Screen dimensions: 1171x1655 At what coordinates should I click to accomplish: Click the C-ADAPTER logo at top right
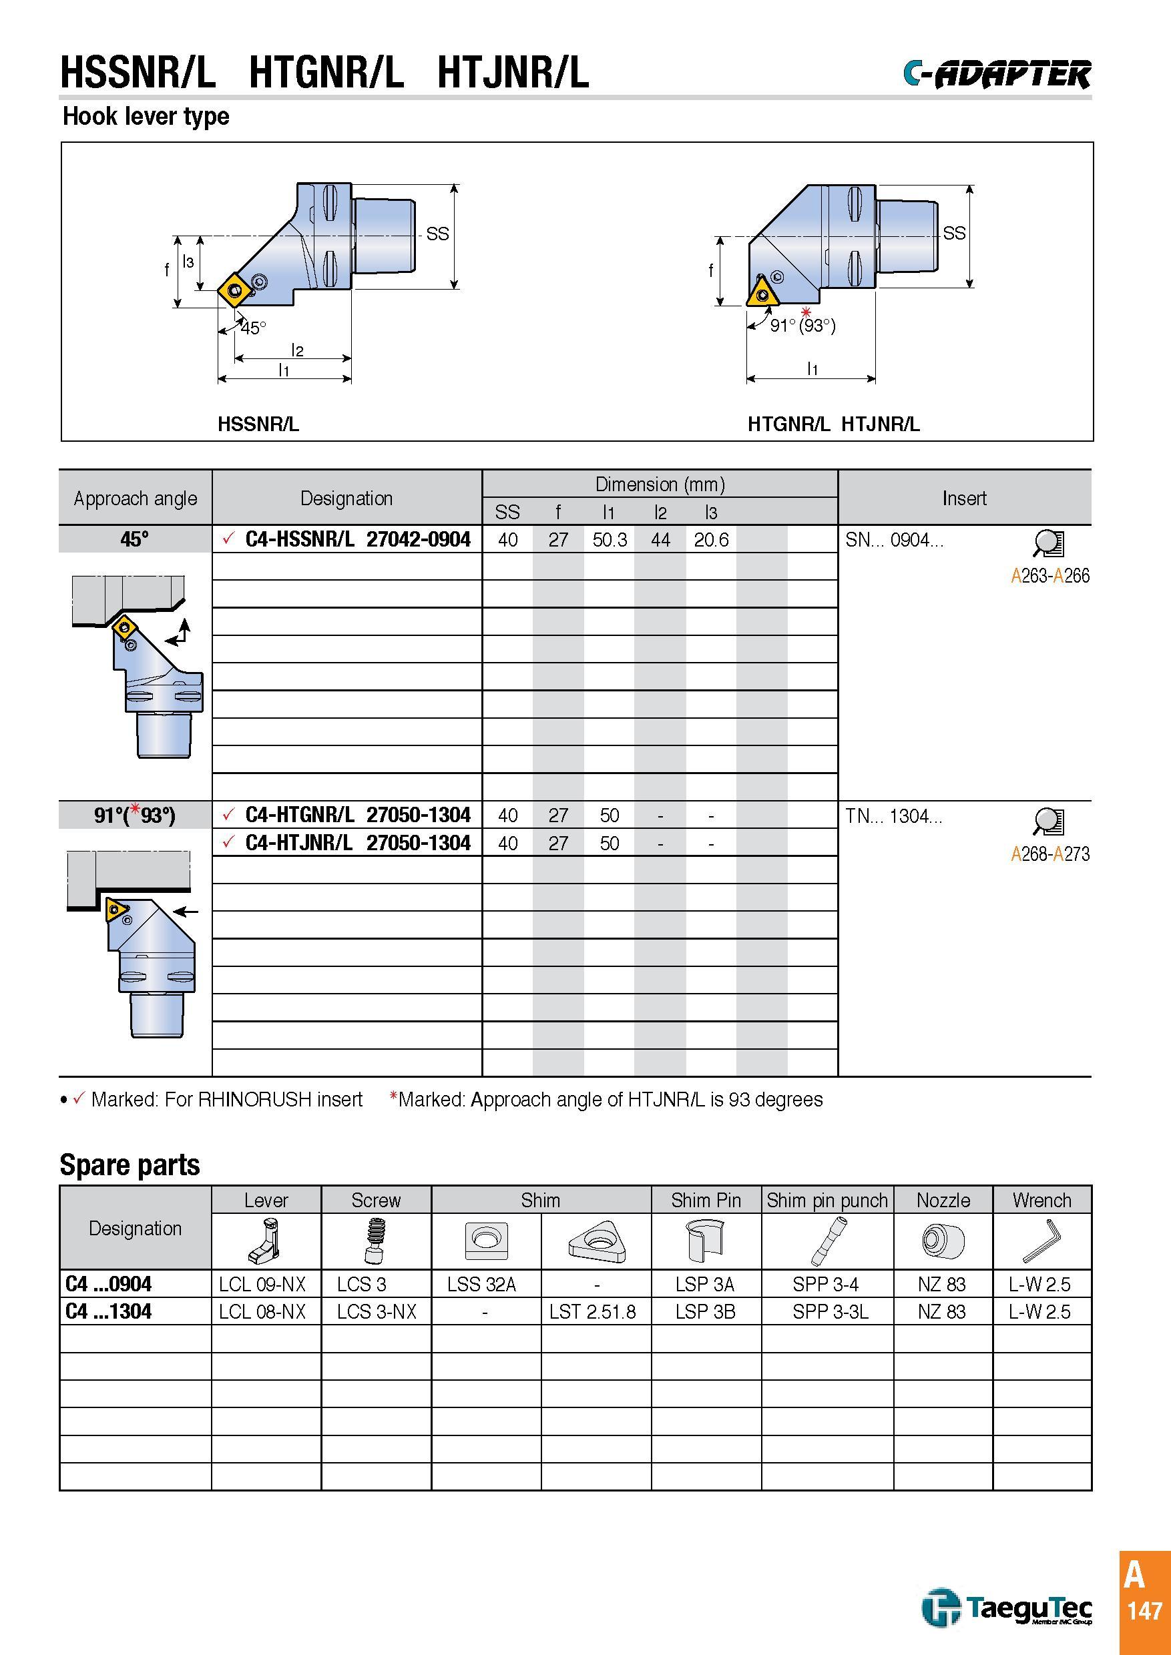pyautogui.click(x=997, y=73)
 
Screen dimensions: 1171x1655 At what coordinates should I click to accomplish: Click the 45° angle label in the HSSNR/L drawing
pyautogui.click(x=254, y=328)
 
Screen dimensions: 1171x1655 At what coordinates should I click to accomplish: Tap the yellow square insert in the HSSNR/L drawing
pyautogui.click(x=236, y=290)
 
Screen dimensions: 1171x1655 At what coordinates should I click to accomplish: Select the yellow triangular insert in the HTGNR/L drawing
pyautogui.click(x=762, y=294)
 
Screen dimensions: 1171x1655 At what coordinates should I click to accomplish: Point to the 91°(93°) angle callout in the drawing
pyautogui.click(x=802, y=326)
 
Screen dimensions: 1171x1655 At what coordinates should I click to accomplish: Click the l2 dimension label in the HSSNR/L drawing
pyautogui.click(x=297, y=350)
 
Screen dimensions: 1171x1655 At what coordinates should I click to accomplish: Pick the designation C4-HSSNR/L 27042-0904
pyautogui.click(x=358, y=539)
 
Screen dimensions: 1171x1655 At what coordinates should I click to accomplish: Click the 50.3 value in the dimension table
pyautogui.click(x=610, y=540)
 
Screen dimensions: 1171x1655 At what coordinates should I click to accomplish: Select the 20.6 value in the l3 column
pyautogui.click(x=711, y=540)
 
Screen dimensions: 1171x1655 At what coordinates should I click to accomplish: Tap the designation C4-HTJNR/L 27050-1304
pyautogui.click(x=358, y=843)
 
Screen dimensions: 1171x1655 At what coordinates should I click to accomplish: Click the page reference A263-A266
pyautogui.click(x=1050, y=576)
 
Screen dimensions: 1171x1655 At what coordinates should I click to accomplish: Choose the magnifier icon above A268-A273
pyautogui.click(x=1047, y=821)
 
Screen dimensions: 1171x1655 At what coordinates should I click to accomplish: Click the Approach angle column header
pyautogui.click(x=136, y=498)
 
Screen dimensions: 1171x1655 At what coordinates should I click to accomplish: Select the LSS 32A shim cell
pyautogui.click(x=481, y=1284)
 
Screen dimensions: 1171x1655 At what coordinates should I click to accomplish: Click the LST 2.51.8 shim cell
pyautogui.click(x=593, y=1311)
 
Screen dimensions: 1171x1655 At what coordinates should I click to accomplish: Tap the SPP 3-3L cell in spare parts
pyautogui.click(x=831, y=1311)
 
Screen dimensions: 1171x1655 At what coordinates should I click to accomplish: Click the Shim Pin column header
pyautogui.click(x=706, y=1200)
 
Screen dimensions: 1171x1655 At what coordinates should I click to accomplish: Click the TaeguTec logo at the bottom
pyautogui.click(x=1007, y=1608)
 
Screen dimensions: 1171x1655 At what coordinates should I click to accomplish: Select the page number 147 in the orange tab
pyautogui.click(x=1145, y=1610)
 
